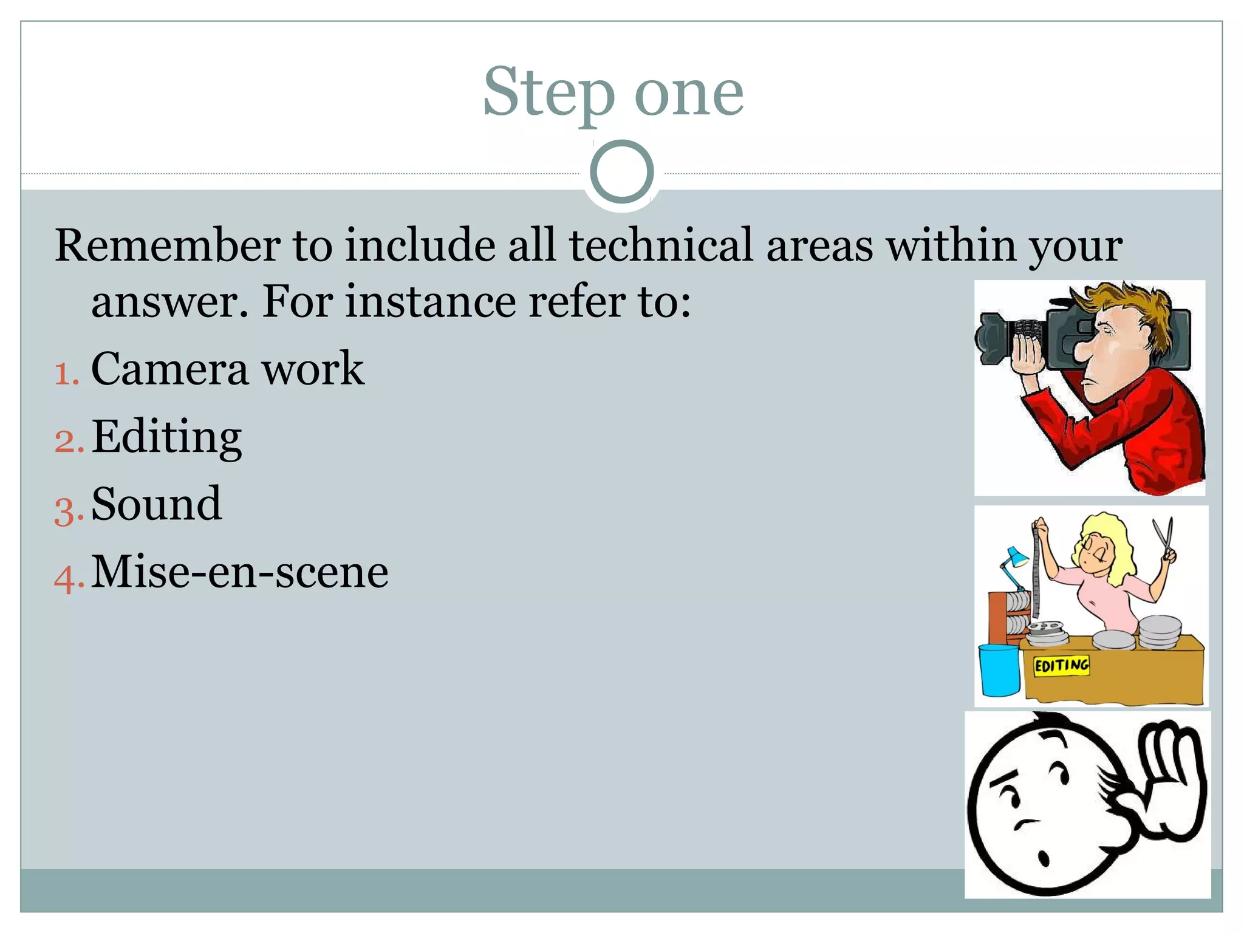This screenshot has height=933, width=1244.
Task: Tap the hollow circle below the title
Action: [x=621, y=171]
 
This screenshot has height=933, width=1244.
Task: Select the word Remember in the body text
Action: [x=168, y=245]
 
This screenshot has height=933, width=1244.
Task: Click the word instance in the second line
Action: [x=431, y=302]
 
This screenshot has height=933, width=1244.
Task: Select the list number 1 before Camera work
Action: [x=66, y=373]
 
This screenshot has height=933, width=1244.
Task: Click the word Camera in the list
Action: [x=169, y=369]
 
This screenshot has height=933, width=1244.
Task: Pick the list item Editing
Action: [x=166, y=437]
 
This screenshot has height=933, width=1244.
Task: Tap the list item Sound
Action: [x=156, y=505]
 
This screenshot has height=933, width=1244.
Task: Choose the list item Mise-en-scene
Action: [x=239, y=572]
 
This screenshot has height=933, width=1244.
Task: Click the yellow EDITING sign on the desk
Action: [x=1061, y=665]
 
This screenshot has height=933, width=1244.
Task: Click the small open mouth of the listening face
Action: [x=1044, y=858]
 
